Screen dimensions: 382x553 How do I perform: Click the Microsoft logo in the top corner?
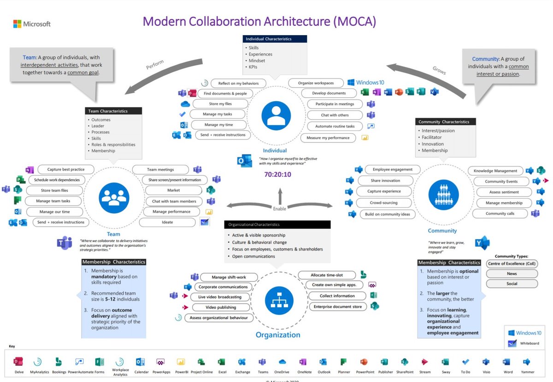point(18,24)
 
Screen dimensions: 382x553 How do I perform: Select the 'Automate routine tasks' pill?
point(335,126)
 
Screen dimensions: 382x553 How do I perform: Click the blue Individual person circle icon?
point(276,116)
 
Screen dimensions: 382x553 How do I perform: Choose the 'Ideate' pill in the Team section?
point(167,222)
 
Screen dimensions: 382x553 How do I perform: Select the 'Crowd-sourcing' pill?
point(383,203)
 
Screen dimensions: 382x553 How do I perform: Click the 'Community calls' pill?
point(500,214)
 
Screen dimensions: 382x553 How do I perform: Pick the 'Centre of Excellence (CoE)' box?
point(512,263)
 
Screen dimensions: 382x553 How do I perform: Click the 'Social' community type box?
point(512,284)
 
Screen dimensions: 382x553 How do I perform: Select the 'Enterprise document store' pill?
point(337,306)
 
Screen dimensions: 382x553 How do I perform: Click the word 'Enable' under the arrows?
point(279,209)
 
